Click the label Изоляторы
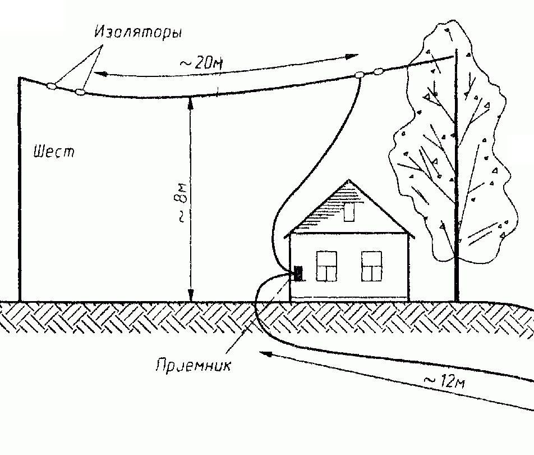click(137, 33)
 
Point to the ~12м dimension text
click(443, 381)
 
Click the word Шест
click(54, 152)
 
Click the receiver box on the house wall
click(297, 274)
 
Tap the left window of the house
click(327, 266)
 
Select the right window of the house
click(371, 266)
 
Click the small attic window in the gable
click(349, 213)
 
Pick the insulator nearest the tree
click(379, 71)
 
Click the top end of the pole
click(20, 78)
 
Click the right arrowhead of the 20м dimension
click(353, 56)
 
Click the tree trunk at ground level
click(457, 298)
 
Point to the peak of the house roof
click(349, 180)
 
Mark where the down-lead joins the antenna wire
click(360, 77)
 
